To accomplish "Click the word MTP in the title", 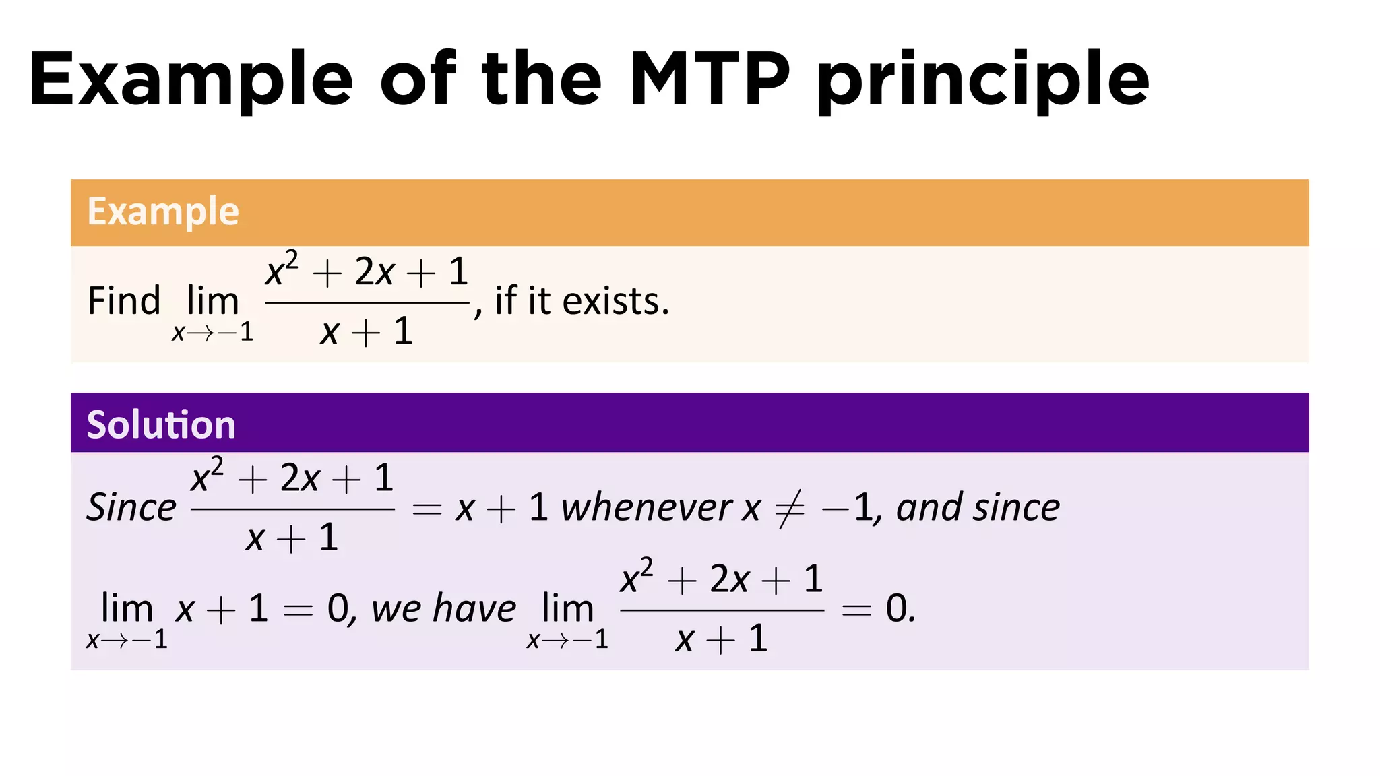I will pos(710,79).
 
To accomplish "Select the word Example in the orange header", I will pos(163,212).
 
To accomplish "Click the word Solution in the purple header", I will pos(161,425).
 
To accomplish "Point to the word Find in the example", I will pos(124,300).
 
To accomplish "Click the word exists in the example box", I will pos(615,301).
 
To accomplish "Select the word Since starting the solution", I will pos(131,507).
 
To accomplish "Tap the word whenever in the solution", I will pos(646,507).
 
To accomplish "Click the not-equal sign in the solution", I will pos(790,509).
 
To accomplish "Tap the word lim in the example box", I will pos(212,300).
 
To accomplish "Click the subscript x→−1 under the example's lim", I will pos(212,332).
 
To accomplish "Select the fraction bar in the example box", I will pos(367,303).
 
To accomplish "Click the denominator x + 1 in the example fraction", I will pos(367,331).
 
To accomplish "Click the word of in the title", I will pos(418,79).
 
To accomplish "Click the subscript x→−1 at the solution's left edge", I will pos(127,639).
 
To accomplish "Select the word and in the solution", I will pos(927,507).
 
